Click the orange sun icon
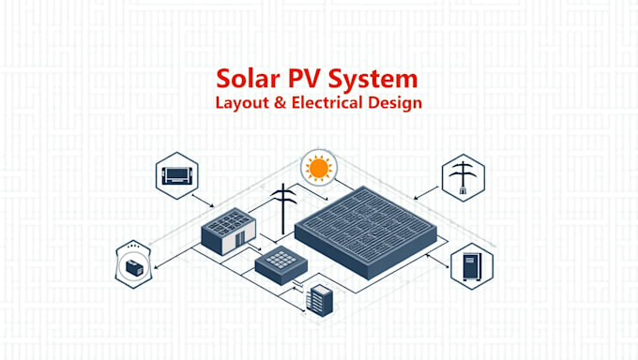click(x=318, y=170)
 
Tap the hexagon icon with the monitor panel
click(x=176, y=175)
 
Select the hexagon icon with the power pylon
click(x=462, y=176)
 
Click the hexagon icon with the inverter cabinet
click(x=471, y=265)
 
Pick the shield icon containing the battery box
click(x=134, y=265)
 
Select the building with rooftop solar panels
click(x=228, y=230)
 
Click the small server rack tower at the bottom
click(x=321, y=300)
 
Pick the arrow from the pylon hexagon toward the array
click(x=425, y=194)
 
